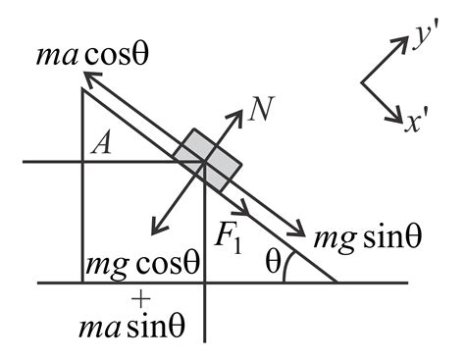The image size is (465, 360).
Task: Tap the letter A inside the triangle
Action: [99, 145]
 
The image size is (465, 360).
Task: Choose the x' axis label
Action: [420, 122]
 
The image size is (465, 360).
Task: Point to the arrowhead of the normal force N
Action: [239, 115]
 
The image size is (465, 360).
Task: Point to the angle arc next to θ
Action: [286, 272]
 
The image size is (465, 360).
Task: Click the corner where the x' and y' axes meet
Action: [362, 82]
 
